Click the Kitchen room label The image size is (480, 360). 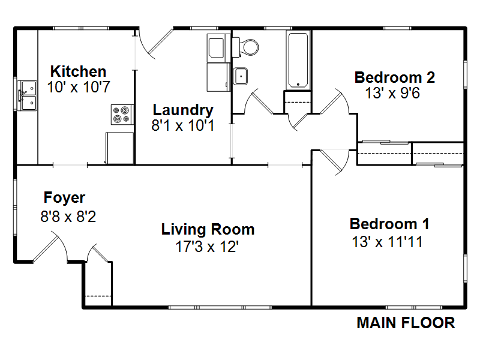coord(79,71)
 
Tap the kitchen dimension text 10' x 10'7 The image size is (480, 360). coord(79,87)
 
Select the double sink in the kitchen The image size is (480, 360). coord(27,95)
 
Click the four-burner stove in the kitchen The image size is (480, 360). coord(122,115)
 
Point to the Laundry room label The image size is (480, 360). coord(183,110)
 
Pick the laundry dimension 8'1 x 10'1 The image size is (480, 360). coord(183,125)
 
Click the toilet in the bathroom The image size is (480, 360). coord(245,47)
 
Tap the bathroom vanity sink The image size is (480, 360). coord(241,76)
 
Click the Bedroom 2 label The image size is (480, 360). coord(395,77)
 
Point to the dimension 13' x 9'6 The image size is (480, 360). coord(392,93)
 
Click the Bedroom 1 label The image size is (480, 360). coord(389,224)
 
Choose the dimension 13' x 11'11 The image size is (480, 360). coord(388,242)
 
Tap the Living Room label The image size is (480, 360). coord(208,229)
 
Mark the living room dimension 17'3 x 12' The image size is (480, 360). coord(207,247)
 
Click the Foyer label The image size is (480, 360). coord(64,197)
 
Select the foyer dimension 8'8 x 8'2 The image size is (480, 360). coord(68,217)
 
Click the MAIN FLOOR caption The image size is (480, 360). coord(406,323)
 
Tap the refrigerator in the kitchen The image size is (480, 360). coord(119,148)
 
